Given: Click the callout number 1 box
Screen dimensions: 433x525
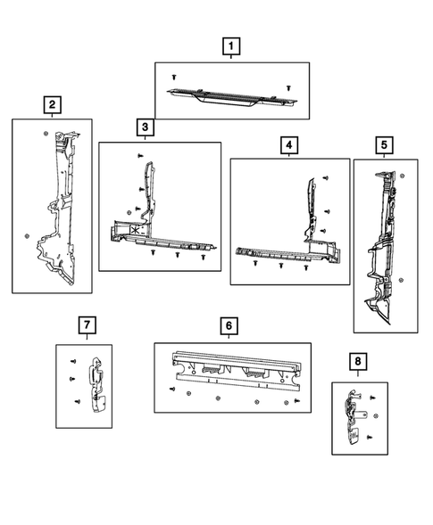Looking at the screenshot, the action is [231, 46].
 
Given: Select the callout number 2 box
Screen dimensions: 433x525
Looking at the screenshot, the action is [53, 105].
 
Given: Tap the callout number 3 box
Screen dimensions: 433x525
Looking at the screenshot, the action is [146, 127].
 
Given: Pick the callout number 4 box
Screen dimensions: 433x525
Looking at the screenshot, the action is [289, 145].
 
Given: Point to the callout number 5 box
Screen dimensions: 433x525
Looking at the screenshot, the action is [384, 145].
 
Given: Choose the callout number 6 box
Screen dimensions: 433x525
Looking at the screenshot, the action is [229, 325].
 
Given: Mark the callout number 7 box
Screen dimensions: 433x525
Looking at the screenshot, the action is [87, 325].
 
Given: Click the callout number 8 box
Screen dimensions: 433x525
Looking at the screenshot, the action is [358, 362].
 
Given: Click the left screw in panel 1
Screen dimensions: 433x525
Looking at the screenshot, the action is [174, 77].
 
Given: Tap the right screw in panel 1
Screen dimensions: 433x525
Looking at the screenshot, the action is [288, 88].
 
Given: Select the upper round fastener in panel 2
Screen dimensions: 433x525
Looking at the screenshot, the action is [46, 134].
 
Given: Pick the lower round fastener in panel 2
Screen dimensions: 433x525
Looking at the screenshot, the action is [27, 236].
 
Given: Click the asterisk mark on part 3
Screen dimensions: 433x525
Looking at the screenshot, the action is [136, 230].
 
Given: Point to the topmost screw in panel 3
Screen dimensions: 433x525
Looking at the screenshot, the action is [140, 155].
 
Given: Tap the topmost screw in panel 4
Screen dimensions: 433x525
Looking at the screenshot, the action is [325, 177].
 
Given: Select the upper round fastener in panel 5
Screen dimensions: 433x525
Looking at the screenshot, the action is [402, 176].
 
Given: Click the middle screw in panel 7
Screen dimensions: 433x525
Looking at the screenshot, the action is [72, 379].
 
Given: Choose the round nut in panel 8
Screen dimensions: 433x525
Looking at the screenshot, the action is [376, 416].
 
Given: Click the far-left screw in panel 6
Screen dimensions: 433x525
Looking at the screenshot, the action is [172, 389].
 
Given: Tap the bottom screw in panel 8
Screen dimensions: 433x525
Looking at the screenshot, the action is [370, 438].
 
